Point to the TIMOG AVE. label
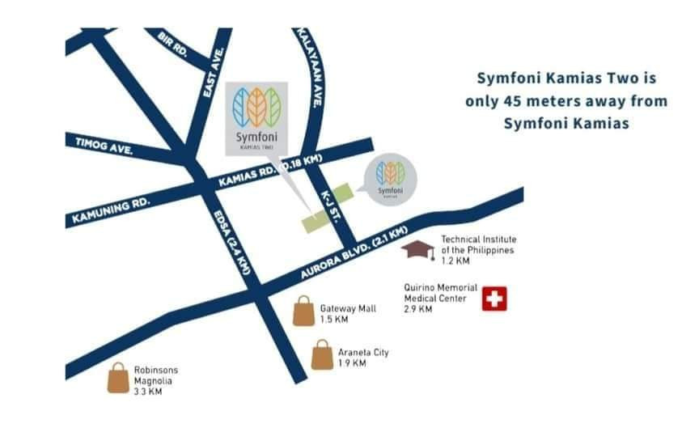(x=98, y=144)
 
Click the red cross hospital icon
(x=493, y=299)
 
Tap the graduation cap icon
(x=417, y=250)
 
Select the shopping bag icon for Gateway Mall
(x=303, y=311)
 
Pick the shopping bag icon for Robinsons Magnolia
(x=118, y=378)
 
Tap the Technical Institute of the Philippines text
(x=478, y=244)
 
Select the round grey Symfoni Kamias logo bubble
(x=390, y=177)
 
